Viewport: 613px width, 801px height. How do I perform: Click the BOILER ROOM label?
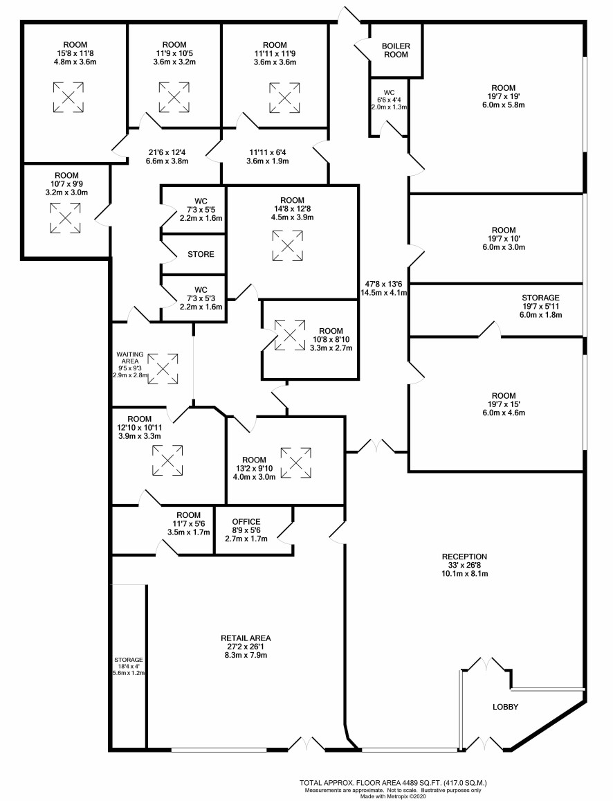396,50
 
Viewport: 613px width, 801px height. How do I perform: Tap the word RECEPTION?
464,557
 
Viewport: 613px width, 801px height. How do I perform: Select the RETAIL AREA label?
246,638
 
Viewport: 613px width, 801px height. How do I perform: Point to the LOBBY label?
505,707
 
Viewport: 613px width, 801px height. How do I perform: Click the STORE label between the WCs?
201,254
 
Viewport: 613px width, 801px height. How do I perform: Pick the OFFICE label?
246,521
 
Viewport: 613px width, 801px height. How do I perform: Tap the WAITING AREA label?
130,358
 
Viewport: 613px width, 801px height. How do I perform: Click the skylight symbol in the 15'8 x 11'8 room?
68,97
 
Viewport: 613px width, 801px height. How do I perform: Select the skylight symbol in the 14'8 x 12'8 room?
287,246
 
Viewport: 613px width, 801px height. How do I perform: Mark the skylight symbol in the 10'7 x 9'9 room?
65,218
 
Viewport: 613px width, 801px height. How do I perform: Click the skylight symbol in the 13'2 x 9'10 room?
295,463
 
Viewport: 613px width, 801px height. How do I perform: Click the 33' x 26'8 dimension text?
464,565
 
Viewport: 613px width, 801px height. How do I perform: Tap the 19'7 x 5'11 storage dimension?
540,307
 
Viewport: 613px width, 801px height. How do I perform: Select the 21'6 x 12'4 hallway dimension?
167,152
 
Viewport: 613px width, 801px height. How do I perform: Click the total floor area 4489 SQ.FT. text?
394,782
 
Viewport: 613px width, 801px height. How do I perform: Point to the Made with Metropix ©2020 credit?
393,796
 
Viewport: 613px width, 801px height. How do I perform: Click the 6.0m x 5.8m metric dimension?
504,105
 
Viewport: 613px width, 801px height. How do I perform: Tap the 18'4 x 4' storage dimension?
129,666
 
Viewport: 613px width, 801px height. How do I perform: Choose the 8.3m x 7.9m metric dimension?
246,656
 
